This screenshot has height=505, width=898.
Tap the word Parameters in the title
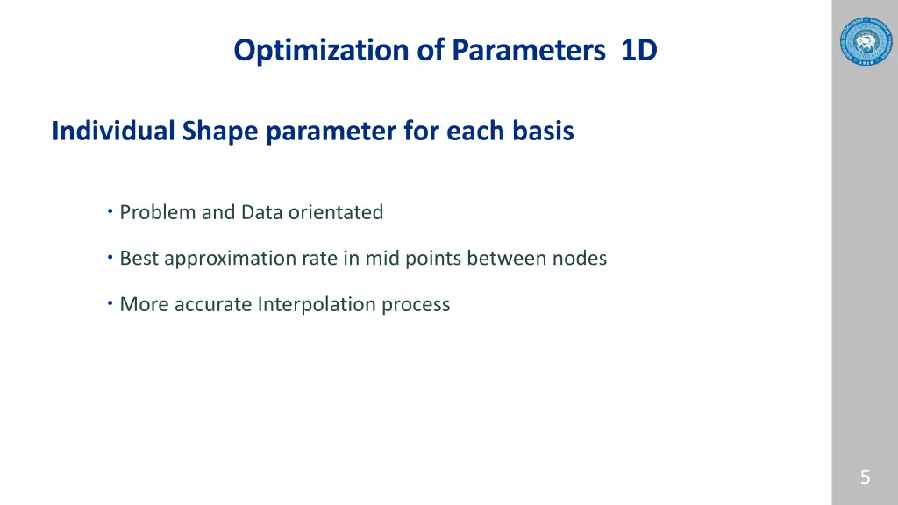(529, 51)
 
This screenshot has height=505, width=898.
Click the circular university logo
(865, 42)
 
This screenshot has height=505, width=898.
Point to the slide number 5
(865, 478)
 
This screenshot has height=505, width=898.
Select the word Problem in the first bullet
(158, 212)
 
